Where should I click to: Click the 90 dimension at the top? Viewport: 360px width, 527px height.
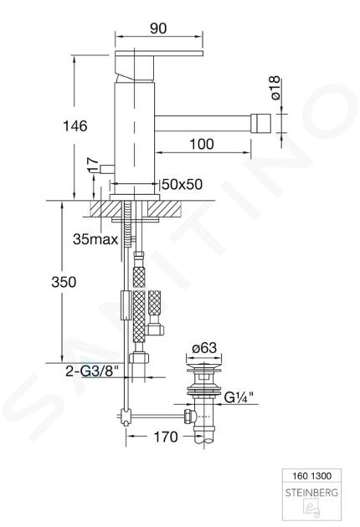tap(158, 28)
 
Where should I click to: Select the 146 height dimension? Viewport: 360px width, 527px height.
tap(75, 126)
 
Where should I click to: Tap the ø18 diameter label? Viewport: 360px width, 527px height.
tap(275, 88)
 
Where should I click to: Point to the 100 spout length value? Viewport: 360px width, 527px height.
tap(202, 144)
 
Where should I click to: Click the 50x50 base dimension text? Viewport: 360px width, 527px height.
tap(183, 184)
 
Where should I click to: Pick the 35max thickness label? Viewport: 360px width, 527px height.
tap(95, 239)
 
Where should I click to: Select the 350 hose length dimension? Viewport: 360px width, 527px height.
tap(64, 282)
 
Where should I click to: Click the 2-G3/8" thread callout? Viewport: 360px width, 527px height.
tap(92, 371)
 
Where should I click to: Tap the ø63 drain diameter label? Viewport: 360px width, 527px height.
tap(204, 348)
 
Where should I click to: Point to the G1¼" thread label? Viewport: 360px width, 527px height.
tap(239, 398)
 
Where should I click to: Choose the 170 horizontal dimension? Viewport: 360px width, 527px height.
tap(165, 437)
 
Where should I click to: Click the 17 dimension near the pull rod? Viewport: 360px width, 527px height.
tap(94, 166)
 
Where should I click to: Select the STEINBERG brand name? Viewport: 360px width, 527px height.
tap(311, 493)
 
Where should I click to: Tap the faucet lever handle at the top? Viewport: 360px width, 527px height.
tap(159, 54)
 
